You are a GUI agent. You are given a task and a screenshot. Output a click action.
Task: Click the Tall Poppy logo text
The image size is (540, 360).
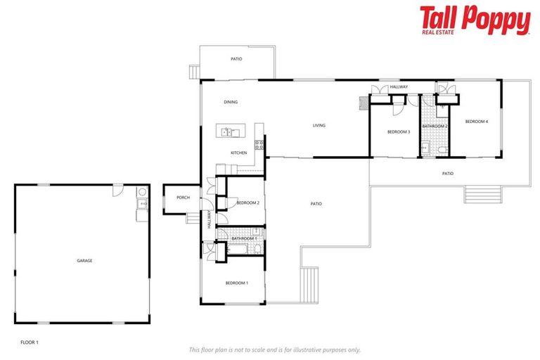click(475, 20)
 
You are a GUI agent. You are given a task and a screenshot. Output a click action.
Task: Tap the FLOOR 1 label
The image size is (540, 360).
click(30, 342)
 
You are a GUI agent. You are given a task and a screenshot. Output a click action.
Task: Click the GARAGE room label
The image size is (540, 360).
click(84, 261)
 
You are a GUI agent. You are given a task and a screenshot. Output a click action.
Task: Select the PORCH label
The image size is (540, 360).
click(183, 198)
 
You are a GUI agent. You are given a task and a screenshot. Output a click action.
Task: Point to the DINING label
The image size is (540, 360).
click(231, 102)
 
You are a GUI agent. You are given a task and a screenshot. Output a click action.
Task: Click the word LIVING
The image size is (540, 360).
click(319, 125)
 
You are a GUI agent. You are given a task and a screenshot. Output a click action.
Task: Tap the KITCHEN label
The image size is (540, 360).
click(238, 153)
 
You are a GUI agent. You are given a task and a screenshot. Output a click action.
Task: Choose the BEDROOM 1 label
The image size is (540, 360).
click(236, 283)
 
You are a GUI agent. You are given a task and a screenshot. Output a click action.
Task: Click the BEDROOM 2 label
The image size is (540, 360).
click(248, 203)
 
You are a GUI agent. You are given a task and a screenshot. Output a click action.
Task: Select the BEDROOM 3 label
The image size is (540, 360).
click(399, 132)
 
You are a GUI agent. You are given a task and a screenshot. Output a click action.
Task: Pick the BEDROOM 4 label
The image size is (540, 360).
click(476, 122)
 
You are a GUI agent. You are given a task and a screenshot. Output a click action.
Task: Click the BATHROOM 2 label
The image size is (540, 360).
click(435, 127)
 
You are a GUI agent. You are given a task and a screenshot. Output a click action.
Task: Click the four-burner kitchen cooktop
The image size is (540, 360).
click(259, 145)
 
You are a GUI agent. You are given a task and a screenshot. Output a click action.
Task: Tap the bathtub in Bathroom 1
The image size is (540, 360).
click(237, 249)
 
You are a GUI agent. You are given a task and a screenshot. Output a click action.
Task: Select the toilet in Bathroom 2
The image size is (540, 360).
click(442, 150)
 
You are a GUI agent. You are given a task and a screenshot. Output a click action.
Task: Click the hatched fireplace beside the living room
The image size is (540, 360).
click(364, 103)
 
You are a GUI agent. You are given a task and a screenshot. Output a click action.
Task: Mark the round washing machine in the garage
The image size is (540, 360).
click(142, 192)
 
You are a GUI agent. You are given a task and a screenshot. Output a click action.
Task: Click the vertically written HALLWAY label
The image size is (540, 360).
click(209, 219)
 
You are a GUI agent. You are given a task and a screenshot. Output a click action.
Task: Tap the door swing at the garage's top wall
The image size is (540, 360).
click(118, 191)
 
